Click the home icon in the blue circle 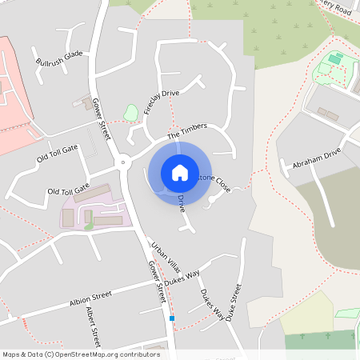[x=180, y=172]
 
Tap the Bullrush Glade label [x=59, y=58]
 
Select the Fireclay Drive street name [x=162, y=103]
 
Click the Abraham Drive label [x=316, y=154]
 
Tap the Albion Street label [x=91, y=300]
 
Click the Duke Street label [x=233, y=303]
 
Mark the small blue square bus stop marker [x=171, y=318]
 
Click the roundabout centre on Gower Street [x=122, y=162]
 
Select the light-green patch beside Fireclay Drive [x=130, y=113]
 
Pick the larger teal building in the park [x=334, y=59]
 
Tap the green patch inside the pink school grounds [x=89, y=226]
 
